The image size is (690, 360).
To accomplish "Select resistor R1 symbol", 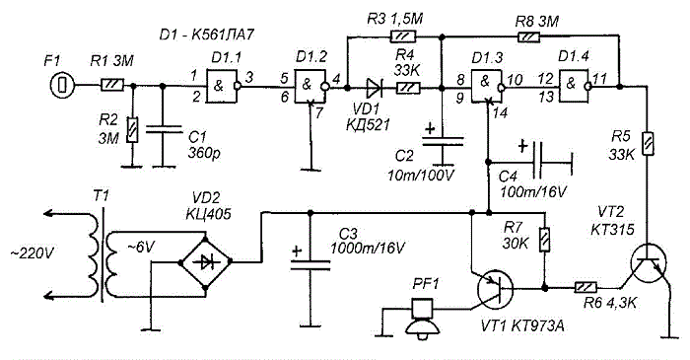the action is click(x=112, y=85).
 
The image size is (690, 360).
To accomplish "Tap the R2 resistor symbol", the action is click(x=132, y=130).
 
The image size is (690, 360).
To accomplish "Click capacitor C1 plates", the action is click(x=164, y=129).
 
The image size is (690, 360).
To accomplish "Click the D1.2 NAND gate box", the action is click(x=311, y=86).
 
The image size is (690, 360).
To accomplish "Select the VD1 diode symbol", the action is click(x=374, y=88).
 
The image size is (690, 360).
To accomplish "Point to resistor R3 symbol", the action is click(x=403, y=36).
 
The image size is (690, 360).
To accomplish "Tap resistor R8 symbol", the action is click(x=528, y=36).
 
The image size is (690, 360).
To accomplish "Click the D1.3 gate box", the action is click(x=487, y=86).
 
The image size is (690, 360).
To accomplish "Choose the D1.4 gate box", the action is click(x=575, y=86).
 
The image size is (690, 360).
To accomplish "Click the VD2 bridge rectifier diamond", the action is click(x=205, y=262).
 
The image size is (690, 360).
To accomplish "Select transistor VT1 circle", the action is click(x=495, y=289).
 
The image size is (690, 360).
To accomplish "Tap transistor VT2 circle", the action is click(x=649, y=263).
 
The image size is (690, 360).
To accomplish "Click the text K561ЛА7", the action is click(x=223, y=35).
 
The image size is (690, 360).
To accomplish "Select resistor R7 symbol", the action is click(x=545, y=240).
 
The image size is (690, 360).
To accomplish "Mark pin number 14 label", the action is click(x=500, y=113).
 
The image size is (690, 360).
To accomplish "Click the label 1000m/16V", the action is click(x=367, y=249).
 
